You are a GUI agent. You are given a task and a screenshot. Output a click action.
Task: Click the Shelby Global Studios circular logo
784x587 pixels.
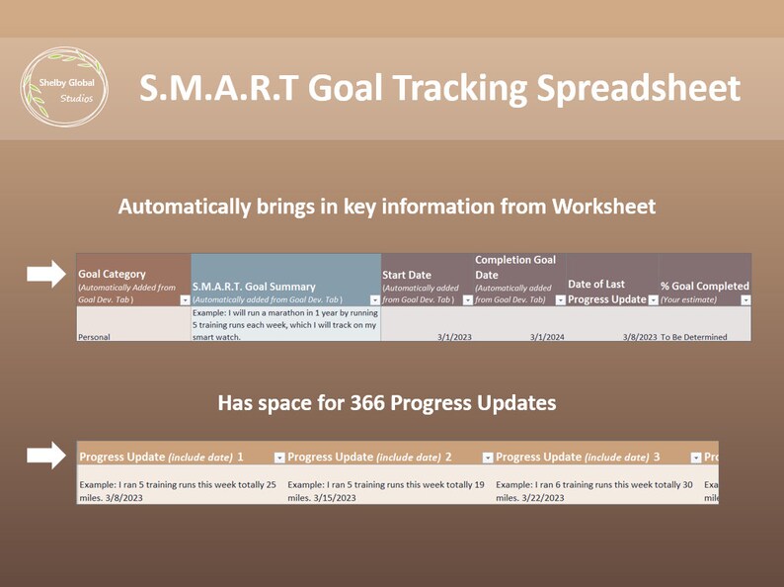(63, 88)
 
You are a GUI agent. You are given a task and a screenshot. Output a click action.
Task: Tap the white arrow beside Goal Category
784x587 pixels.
(45, 274)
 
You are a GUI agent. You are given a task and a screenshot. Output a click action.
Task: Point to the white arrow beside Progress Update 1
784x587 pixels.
(45, 456)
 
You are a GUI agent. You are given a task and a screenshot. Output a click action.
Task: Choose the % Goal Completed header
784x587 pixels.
(704, 286)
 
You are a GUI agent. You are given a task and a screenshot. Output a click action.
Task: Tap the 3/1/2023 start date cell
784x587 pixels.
(455, 337)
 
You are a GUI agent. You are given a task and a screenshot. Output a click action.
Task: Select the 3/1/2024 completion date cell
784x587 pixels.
(546, 337)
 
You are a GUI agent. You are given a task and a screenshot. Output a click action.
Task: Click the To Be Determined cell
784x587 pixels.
(693, 337)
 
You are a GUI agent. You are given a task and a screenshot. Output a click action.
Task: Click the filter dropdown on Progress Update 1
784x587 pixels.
(279, 458)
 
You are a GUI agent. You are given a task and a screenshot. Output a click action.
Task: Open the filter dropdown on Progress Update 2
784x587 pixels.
(488, 458)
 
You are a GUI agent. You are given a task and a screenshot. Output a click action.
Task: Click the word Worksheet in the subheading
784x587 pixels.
(603, 207)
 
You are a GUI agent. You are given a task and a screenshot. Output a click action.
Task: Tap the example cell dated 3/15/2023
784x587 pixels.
(386, 491)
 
